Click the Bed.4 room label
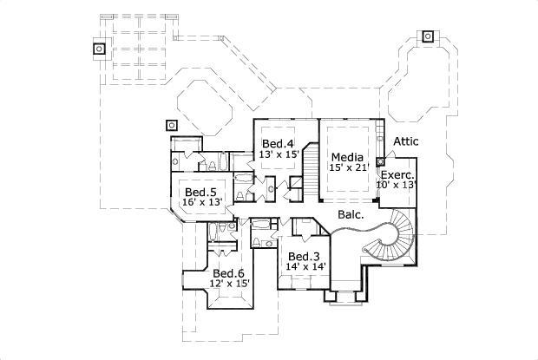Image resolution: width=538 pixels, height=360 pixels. pos(278,143)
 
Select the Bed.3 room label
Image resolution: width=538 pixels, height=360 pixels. pos(305,256)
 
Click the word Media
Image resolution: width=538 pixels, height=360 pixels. pos(347,157)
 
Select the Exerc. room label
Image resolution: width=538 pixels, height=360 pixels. pos(397,174)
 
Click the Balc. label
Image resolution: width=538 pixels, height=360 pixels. pos(351,212)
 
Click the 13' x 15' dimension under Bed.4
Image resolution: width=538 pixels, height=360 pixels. pos(279,154)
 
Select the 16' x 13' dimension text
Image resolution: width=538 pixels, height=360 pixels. pos(202,202)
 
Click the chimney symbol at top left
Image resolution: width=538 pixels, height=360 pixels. pos(100,49)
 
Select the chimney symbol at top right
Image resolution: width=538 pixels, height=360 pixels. pos(428,36)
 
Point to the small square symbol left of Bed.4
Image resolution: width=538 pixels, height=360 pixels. pos(172,124)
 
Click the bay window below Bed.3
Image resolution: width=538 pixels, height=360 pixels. pos(344,296)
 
